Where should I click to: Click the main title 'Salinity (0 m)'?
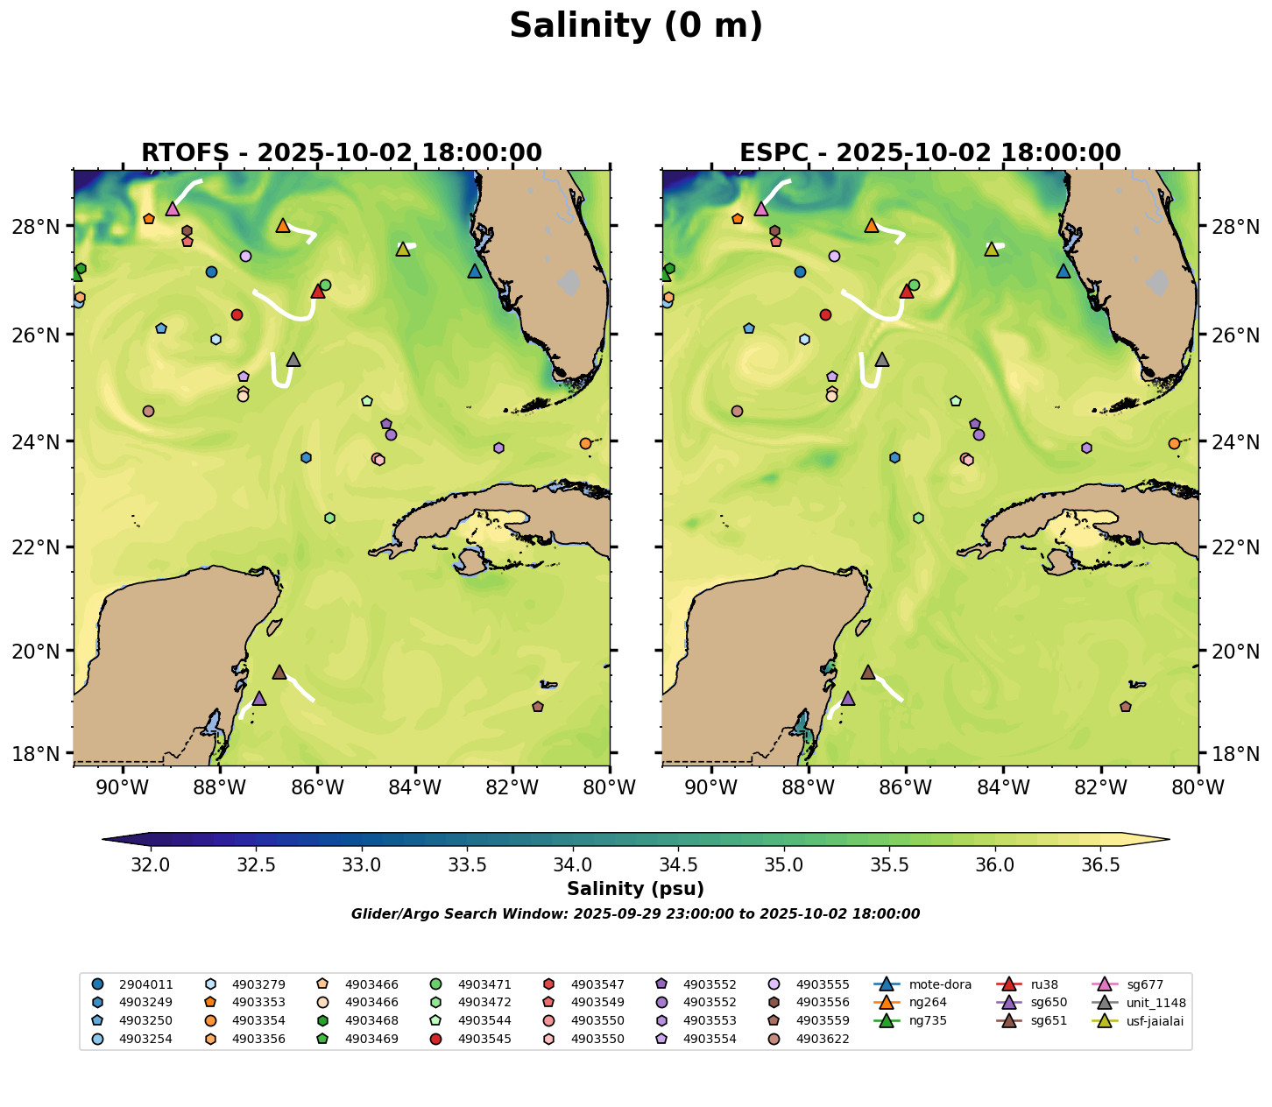tap(636, 26)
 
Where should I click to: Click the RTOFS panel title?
tap(342, 152)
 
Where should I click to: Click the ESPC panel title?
tap(930, 152)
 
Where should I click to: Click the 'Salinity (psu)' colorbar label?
tap(636, 889)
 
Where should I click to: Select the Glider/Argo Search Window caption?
tap(636, 914)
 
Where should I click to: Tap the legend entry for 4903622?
tap(823, 1040)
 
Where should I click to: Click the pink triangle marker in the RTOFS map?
tap(173, 208)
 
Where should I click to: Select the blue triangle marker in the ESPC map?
tap(1064, 271)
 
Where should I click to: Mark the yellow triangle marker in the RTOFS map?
tap(403, 249)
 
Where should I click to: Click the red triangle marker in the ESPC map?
tap(907, 291)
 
